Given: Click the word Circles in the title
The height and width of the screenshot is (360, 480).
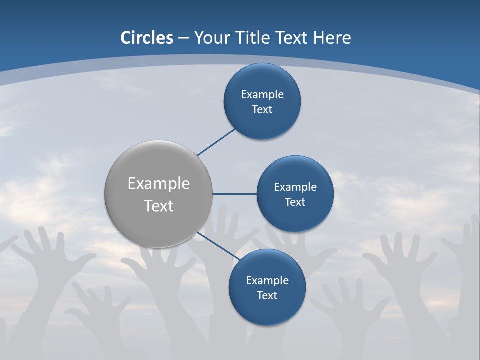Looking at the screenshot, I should pos(147,38).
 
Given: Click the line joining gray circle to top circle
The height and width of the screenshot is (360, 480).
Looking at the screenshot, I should pos(216,142).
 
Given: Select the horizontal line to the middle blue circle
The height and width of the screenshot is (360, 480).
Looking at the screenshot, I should pos(235,194).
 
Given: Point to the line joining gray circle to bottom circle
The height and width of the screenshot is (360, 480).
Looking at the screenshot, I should pos(218,246).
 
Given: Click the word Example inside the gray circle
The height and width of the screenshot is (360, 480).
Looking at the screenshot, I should pos(159,184).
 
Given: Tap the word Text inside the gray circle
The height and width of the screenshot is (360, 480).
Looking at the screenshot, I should pos(159,206).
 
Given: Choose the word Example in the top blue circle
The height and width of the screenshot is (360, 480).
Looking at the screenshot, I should pos(262,95).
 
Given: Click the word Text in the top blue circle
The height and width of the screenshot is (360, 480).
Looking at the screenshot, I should pos(262,110).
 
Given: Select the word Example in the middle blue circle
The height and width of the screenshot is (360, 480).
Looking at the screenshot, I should pos(295,187).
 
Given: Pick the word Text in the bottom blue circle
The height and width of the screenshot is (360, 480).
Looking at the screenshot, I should pos(267,296).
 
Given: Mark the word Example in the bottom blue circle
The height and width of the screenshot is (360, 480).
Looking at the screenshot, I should pos(267,281).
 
